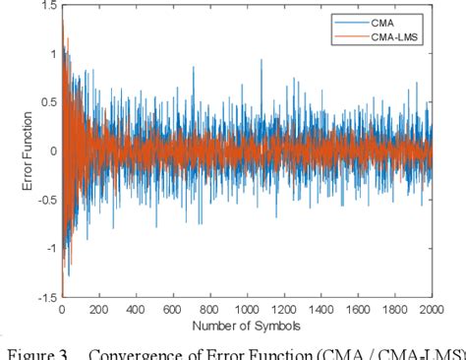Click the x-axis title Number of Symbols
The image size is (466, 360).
point(247,325)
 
